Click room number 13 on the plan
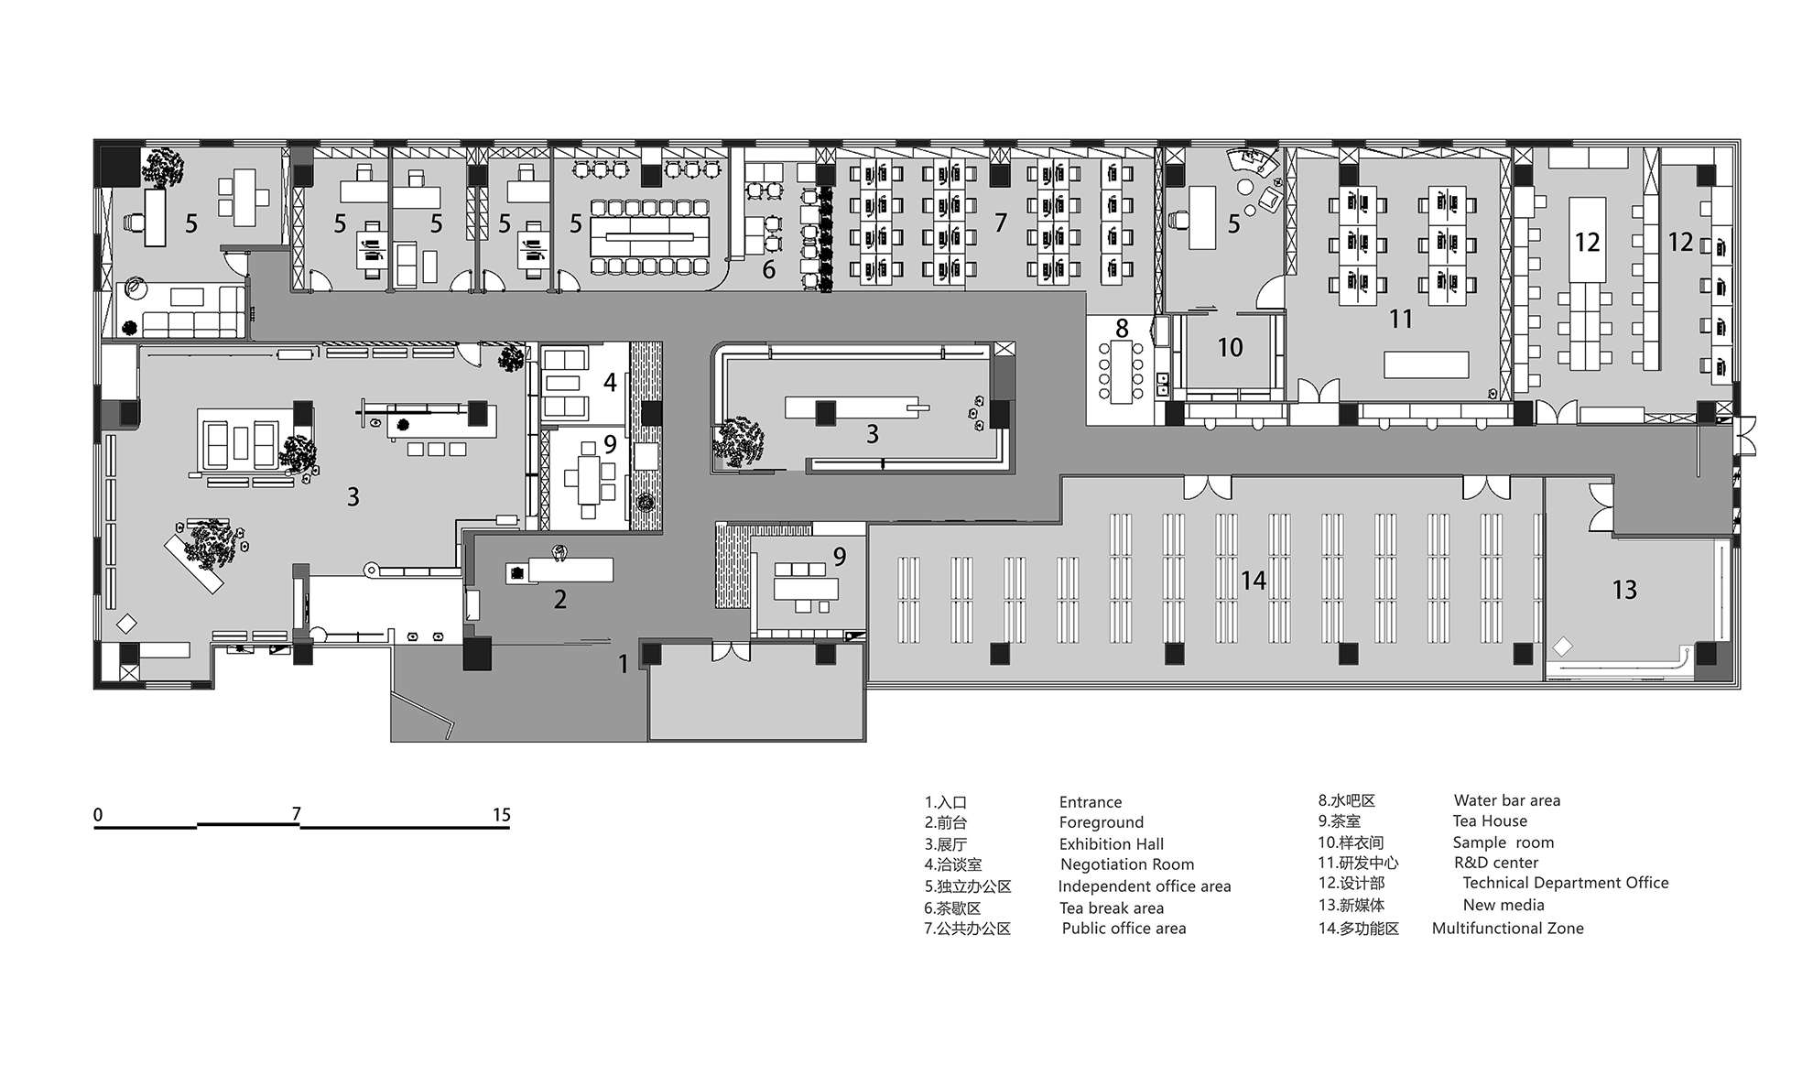pos(1624,590)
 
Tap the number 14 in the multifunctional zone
pos(1254,581)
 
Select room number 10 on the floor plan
pos(1230,347)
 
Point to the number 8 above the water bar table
pos(1122,328)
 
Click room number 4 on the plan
pos(610,382)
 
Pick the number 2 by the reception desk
pos(560,600)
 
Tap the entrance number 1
pos(624,664)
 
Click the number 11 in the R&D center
pos(1401,319)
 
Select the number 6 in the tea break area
pos(769,269)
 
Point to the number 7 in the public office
pos(1001,223)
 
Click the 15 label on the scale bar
pos(501,815)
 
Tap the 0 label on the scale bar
pos(98,815)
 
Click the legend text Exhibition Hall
pos(1112,844)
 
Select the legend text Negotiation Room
pos(1127,864)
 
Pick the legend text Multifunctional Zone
pos(1508,929)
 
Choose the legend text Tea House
pos(1490,821)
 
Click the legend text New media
pos(1504,906)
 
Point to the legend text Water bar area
pos(1507,800)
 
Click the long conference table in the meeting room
pos(651,236)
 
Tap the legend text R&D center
pos(1496,863)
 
